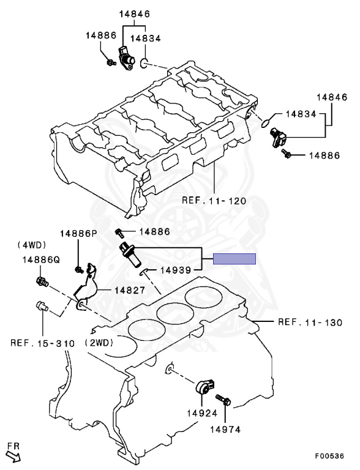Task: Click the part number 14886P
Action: coord(78,234)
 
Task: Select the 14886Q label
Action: coord(41,259)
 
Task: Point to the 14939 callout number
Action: coord(177,269)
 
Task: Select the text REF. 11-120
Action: coord(214,200)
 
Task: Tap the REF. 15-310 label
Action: coord(42,343)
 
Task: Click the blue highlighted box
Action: coord(234,258)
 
